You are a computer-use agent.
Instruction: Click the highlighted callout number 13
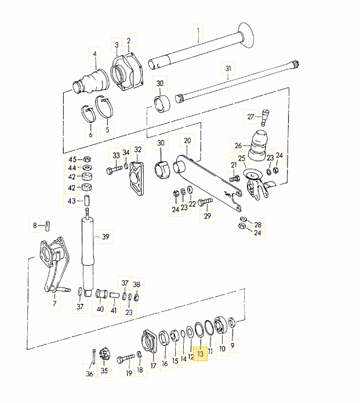[201, 353]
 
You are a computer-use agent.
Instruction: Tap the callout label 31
[228, 68]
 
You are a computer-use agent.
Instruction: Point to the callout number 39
[105, 237]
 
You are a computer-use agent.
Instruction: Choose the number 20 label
[187, 140]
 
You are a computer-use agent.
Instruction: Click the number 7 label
[54, 303]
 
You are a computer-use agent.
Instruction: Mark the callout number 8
[35, 224]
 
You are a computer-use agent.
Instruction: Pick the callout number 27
[250, 117]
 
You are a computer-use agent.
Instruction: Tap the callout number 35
[104, 371]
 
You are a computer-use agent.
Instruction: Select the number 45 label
[72, 159]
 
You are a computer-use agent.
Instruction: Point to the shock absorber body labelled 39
[89, 255]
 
